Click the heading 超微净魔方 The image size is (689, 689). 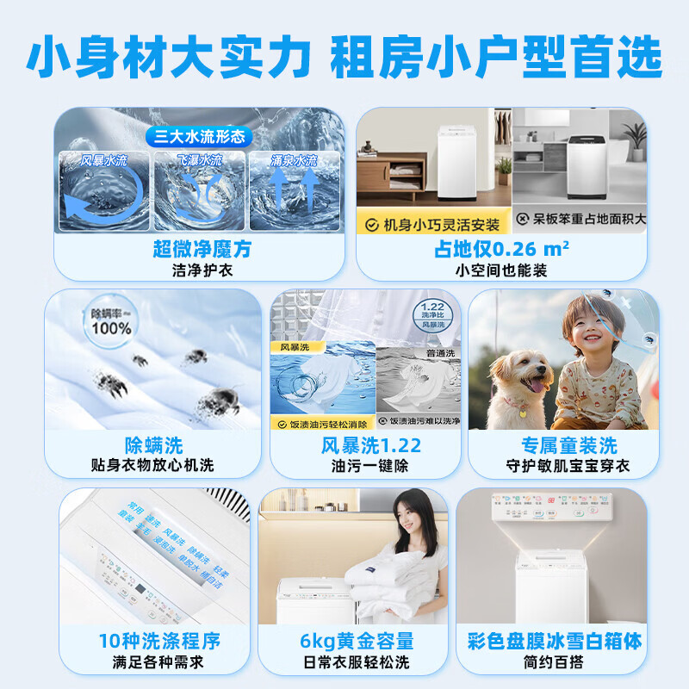[202, 250]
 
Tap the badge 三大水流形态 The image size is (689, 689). [200, 136]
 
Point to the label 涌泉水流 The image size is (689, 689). [294, 160]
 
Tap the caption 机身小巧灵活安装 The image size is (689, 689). [441, 224]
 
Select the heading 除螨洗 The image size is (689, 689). [153, 445]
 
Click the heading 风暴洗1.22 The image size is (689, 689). [370, 445]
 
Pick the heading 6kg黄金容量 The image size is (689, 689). [357, 641]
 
